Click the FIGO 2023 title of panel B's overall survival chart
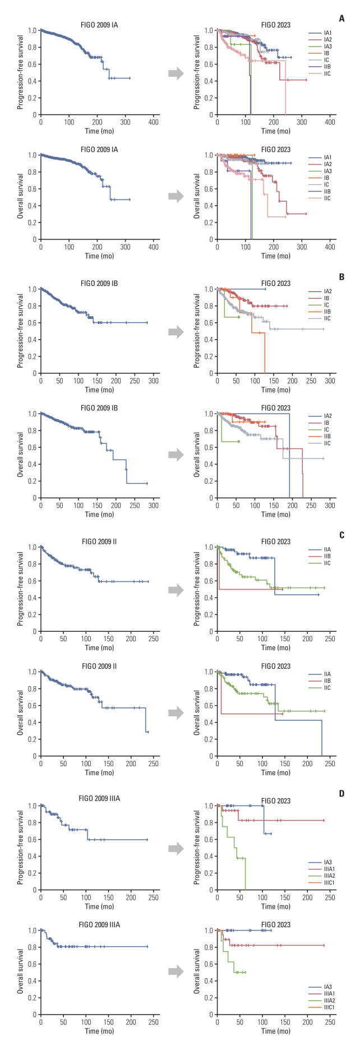(276, 408)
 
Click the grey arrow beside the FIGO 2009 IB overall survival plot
(176, 455)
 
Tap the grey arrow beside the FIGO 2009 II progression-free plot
(176, 589)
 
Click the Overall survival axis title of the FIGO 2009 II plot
(21, 713)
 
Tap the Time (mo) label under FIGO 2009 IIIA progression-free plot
(100, 906)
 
